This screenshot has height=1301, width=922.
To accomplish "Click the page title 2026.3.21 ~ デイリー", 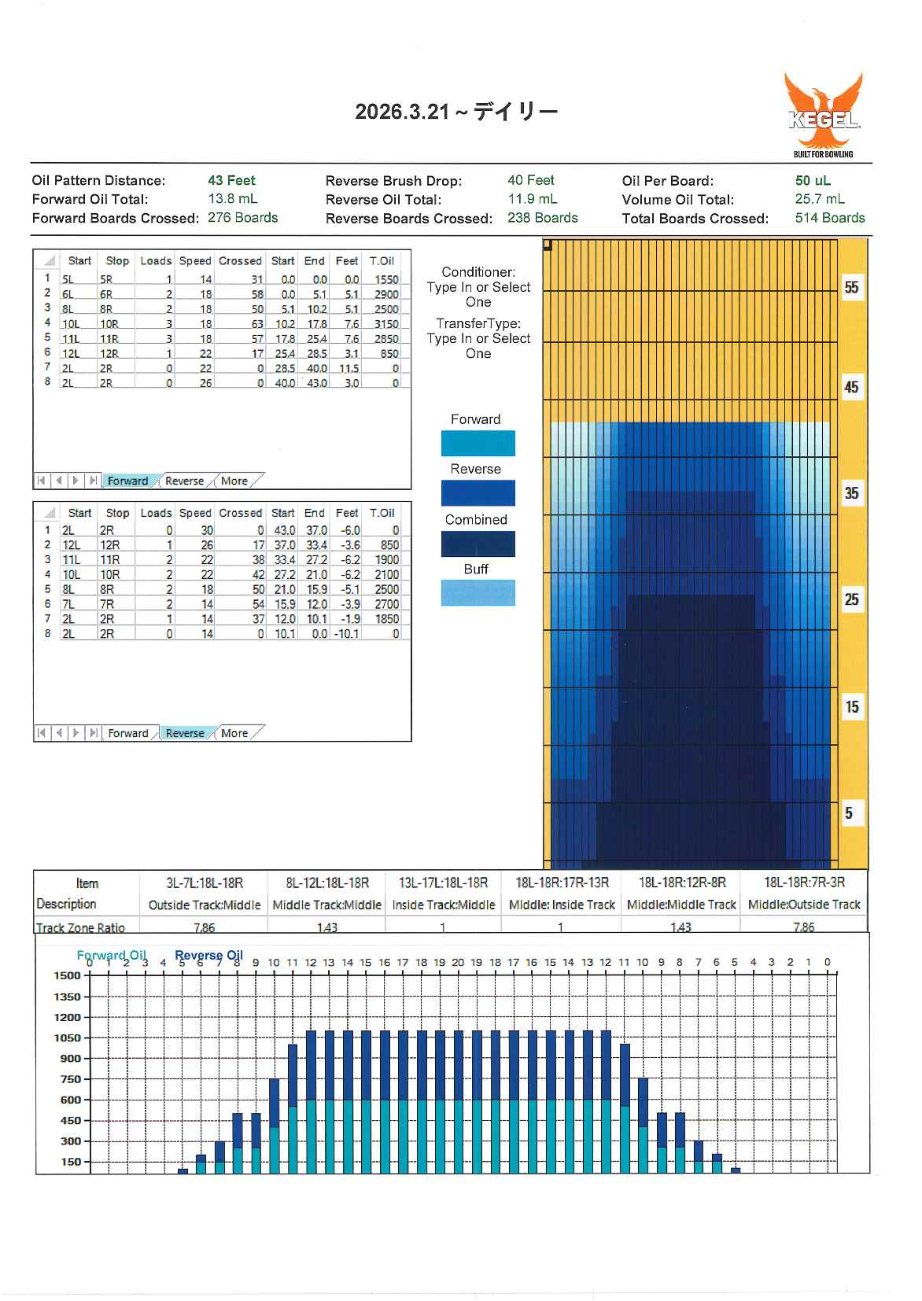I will [x=456, y=112].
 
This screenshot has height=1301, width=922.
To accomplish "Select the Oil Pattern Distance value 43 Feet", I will [x=231, y=180].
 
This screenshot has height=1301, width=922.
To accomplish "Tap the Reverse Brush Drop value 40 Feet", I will [x=530, y=180].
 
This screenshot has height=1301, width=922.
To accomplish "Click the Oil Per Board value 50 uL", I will [x=813, y=180].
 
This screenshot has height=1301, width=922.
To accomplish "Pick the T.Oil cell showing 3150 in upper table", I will [x=386, y=324].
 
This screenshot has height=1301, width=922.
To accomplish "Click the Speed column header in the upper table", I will [x=195, y=261].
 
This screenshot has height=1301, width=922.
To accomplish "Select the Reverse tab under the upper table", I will [x=184, y=481].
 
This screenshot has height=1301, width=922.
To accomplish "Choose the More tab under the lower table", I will [x=234, y=733].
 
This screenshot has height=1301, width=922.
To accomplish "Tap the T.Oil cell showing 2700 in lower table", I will [x=386, y=604].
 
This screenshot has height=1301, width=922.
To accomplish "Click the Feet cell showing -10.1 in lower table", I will [x=346, y=634].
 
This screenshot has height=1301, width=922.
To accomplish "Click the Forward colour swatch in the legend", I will [x=478, y=443].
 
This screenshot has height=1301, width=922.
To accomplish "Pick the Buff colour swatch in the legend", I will [x=478, y=592].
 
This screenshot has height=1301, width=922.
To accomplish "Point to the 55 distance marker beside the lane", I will [x=851, y=287].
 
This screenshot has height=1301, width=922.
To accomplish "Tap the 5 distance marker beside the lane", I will [x=849, y=813].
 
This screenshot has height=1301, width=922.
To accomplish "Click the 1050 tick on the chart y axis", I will [x=67, y=1038].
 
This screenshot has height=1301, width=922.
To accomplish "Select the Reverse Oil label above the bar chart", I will [x=208, y=955].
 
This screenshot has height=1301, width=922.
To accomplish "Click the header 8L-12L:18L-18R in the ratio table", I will [x=327, y=883].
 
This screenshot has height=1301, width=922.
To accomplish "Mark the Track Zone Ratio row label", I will [x=80, y=927].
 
